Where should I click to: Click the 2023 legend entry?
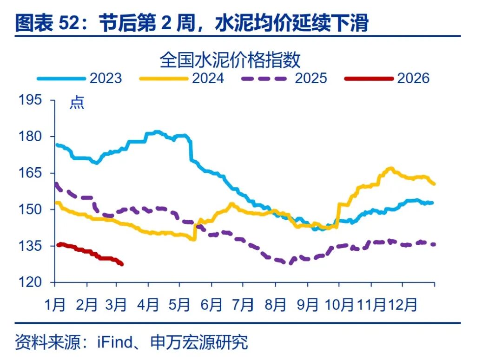click(x=106, y=78)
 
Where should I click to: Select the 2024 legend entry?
click(x=208, y=78)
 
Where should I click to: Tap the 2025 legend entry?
click(x=310, y=78)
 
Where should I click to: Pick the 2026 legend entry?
click(x=413, y=78)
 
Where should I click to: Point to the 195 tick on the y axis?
click(x=31, y=100)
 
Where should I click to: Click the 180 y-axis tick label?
click(x=31, y=137)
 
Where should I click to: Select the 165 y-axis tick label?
click(x=31, y=173)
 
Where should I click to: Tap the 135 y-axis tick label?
click(x=31, y=246)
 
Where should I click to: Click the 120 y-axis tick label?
click(x=31, y=282)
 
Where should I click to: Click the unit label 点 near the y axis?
click(x=77, y=103)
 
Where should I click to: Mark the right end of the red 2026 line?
click(x=122, y=264)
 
